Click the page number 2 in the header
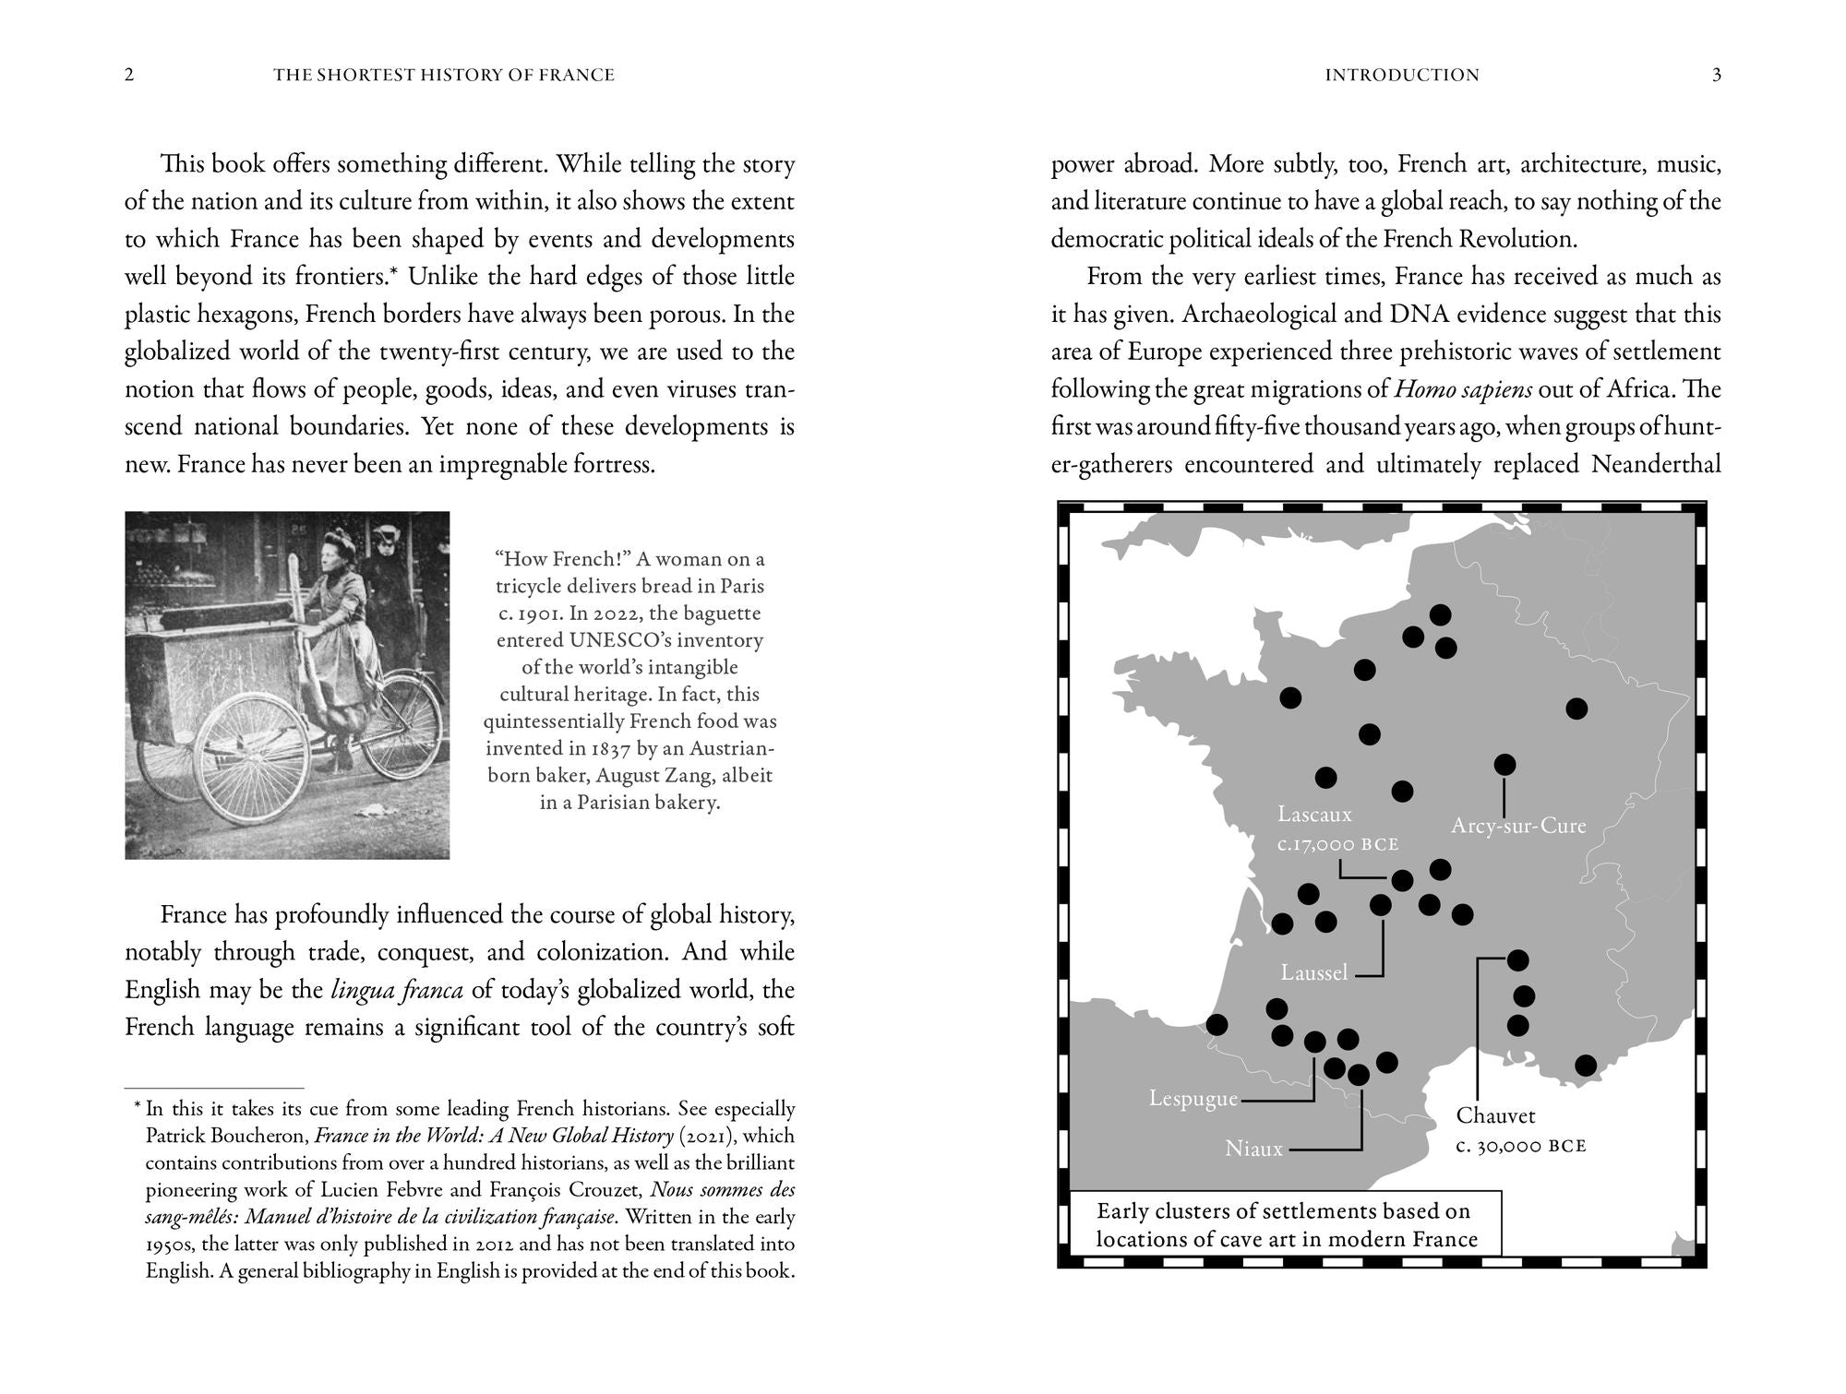[x=129, y=76]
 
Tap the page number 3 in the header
[x=1717, y=76]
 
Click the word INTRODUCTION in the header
[x=1401, y=76]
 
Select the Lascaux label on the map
[x=1314, y=815]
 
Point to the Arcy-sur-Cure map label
[x=1517, y=826]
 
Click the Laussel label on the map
[x=1314, y=972]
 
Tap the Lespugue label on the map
[x=1193, y=1099]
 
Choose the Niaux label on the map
[x=1253, y=1150]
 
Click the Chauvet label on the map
[x=1495, y=1116]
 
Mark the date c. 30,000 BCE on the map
[x=1521, y=1147]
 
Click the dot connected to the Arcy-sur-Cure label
[x=1504, y=764]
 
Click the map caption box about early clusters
[x=1286, y=1224]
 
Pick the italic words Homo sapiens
[x=1463, y=389]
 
